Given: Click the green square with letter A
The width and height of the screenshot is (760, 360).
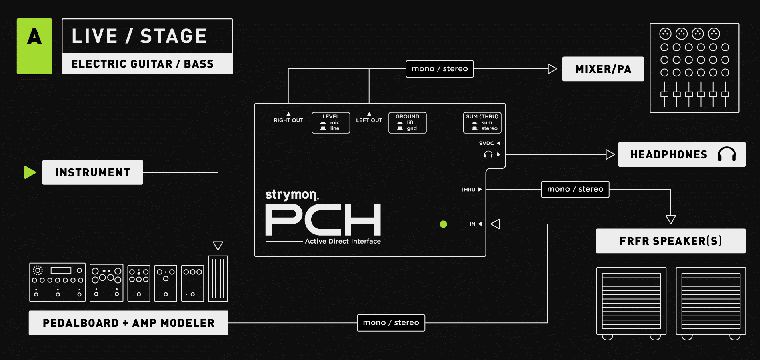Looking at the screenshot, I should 34,46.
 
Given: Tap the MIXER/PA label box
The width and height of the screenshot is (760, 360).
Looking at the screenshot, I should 603,69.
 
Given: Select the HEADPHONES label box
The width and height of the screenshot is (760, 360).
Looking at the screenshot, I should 681,154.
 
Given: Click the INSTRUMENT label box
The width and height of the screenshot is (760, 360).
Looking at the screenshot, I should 92,172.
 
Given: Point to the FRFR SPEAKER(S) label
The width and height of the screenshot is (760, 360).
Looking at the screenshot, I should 670,241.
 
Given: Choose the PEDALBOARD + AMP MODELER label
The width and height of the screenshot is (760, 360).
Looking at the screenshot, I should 128,323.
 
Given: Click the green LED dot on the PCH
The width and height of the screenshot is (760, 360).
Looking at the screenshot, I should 443,224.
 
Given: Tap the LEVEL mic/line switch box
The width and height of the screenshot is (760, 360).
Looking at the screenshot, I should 331,123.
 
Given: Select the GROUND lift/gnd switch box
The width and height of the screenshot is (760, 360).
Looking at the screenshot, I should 407,123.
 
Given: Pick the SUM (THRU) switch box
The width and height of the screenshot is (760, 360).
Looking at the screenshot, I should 482,123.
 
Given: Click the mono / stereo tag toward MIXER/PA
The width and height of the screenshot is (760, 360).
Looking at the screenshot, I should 440,69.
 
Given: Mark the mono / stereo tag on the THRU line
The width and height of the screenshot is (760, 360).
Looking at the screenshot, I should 575,189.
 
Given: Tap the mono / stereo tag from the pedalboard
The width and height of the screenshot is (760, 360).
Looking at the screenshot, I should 391,323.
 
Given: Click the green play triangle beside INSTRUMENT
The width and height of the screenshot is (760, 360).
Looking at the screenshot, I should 30,172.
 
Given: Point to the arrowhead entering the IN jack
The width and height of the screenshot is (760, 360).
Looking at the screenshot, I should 495,224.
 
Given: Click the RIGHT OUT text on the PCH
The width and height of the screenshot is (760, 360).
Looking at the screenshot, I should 288,120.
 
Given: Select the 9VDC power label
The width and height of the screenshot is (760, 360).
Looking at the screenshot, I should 486,143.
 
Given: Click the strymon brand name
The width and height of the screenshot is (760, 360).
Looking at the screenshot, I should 291,194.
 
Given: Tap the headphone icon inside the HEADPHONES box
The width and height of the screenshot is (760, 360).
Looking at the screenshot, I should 726,154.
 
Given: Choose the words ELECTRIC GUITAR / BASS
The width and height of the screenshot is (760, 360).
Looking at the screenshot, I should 142,64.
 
